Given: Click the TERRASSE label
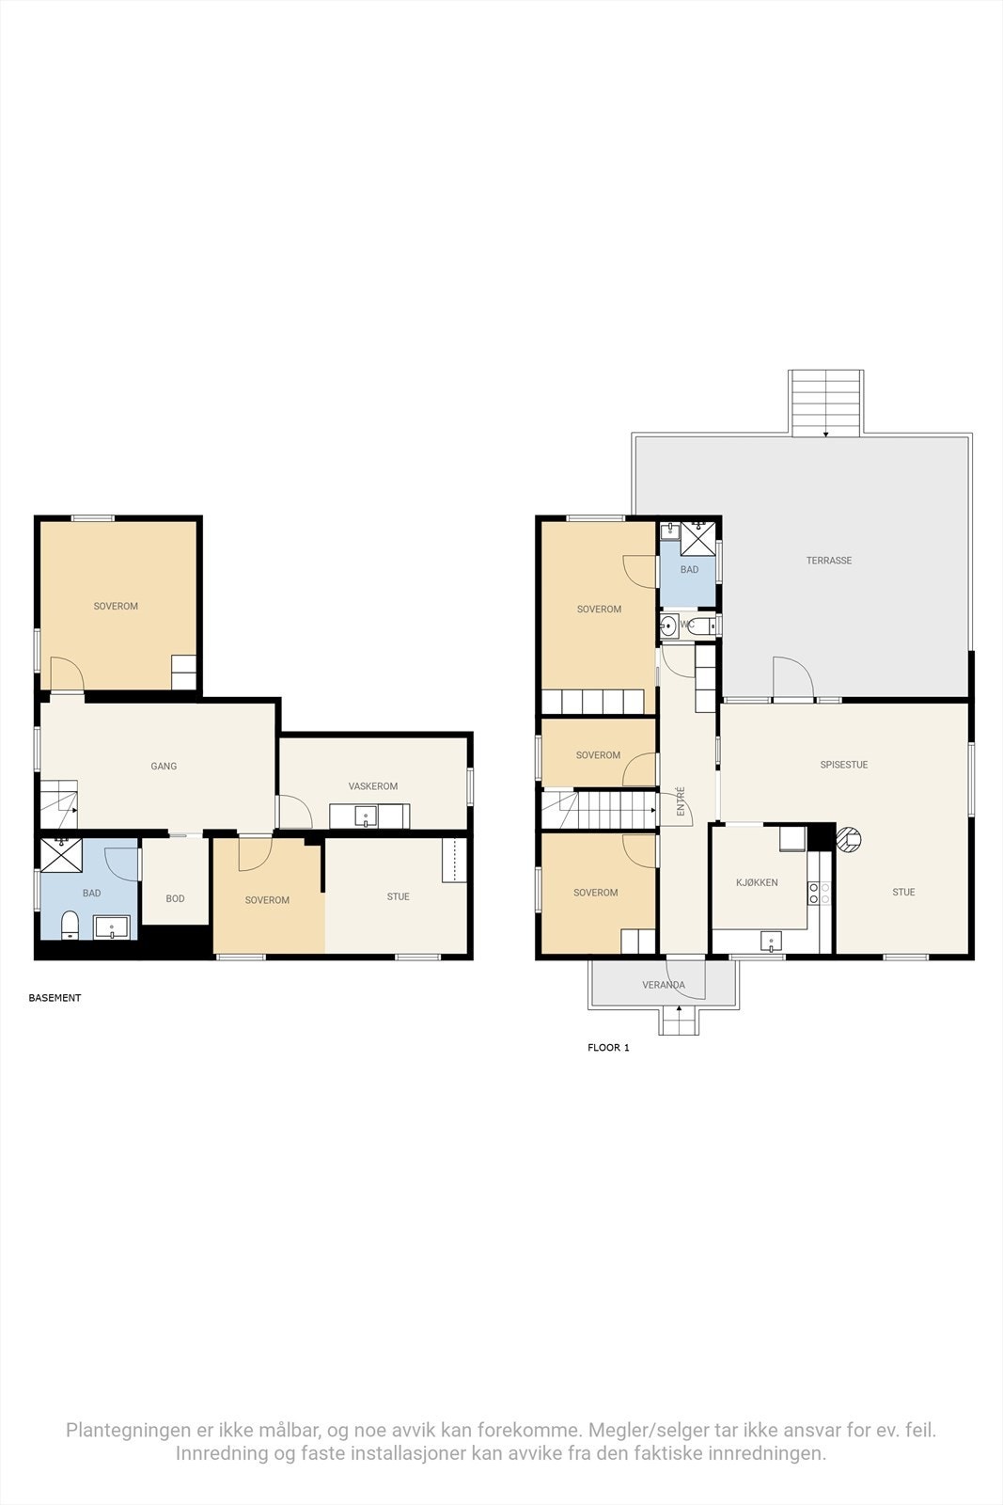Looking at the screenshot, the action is click(x=828, y=561).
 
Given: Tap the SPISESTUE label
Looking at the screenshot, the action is click(x=844, y=765).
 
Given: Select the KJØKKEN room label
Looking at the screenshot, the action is click(x=757, y=882).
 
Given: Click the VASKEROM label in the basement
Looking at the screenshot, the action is click(x=372, y=786).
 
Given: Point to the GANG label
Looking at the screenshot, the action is click(x=164, y=766).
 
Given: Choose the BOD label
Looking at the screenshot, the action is click(x=175, y=898).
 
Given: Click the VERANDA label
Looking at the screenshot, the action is click(x=664, y=985).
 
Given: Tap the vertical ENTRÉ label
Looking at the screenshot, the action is click(x=681, y=801).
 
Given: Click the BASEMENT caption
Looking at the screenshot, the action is click(x=55, y=998).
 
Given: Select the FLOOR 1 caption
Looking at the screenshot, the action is click(x=608, y=1048).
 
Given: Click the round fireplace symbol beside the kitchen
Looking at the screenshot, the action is click(x=849, y=839).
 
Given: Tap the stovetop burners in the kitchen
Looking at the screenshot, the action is click(x=819, y=893).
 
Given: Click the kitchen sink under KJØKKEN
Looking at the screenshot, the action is click(x=771, y=942).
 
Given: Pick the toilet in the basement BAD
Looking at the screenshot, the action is click(x=70, y=926).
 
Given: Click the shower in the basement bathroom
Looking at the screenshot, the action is click(x=61, y=855).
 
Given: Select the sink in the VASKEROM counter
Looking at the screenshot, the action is click(x=366, y=816).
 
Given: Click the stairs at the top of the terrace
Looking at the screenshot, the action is click(x=825, y=404).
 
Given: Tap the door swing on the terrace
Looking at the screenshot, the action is click(x=794, y=677).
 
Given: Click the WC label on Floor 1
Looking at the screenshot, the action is click(x=687, y=625).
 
